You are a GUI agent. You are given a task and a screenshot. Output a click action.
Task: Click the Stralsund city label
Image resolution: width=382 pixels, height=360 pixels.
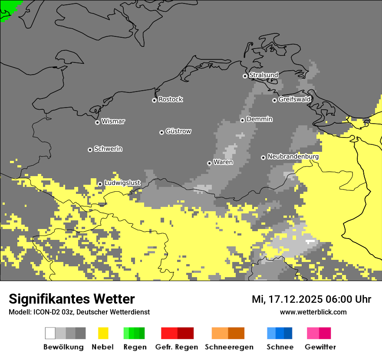coord(263,75)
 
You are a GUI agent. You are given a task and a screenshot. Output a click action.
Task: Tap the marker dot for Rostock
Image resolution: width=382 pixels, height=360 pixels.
coord(154,100)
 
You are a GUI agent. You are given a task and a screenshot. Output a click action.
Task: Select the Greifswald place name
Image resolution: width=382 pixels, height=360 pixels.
coord(294,99)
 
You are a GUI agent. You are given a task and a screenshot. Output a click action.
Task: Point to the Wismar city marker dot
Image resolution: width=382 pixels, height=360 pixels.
coord(97,122)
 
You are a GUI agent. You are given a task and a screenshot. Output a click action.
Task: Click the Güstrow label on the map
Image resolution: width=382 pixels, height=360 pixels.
coord(178,131)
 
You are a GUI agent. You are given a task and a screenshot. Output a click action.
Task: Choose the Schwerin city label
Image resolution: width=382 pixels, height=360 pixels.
coord(108,149)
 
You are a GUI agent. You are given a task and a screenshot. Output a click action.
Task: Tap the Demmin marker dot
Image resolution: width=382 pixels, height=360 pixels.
coord(242,120)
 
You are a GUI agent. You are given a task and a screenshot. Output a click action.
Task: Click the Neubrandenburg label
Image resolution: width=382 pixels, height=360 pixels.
coord(293,157)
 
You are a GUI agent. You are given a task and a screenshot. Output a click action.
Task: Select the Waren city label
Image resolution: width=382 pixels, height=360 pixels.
coord(223,162)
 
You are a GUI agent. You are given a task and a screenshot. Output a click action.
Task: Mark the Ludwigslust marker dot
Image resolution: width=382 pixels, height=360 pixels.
coord(100,184)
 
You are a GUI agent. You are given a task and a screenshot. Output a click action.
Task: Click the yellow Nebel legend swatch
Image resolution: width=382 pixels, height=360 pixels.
coord(103,333)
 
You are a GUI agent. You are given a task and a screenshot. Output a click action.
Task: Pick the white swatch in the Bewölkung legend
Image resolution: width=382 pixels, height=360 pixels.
coord(50,333)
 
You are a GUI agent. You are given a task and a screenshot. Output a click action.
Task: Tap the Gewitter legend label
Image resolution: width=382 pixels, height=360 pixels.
coord(320,347)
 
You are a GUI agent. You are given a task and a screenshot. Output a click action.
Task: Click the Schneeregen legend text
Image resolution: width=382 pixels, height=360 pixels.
coord(229,347)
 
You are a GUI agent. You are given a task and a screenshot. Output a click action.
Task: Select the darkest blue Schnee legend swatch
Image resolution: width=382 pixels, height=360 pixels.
coord(288,333)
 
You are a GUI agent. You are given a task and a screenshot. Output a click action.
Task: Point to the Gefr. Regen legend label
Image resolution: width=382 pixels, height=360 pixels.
coord(176,347)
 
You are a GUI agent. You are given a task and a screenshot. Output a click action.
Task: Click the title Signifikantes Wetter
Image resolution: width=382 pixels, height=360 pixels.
coord(72,299)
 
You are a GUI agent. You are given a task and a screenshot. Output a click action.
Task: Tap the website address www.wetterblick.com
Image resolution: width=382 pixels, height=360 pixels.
coord(313,312)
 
